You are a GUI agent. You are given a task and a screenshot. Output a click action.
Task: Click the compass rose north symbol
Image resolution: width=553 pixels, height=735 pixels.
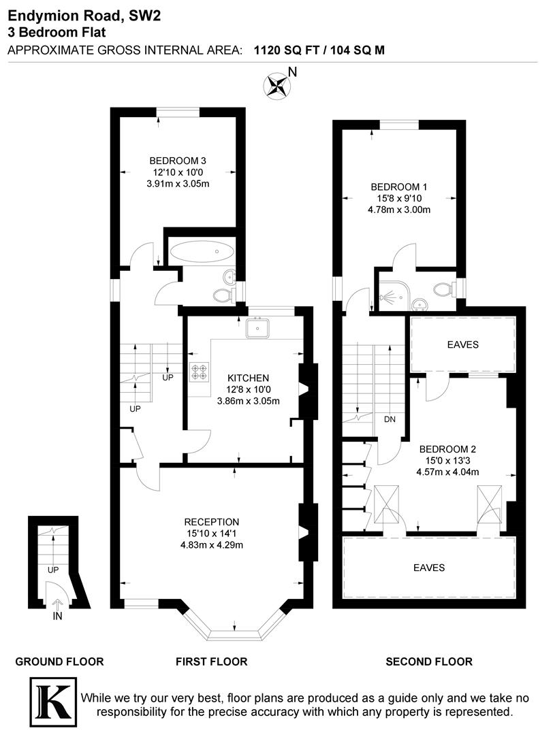276,86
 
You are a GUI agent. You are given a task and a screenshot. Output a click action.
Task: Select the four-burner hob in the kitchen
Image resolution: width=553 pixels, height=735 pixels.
200,371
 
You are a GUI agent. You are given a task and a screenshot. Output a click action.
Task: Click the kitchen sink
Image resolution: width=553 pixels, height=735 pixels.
259,328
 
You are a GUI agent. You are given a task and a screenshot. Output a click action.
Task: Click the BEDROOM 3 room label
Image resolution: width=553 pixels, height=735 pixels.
178,161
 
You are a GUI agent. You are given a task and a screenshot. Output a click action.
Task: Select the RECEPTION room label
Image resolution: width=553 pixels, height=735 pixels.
211,522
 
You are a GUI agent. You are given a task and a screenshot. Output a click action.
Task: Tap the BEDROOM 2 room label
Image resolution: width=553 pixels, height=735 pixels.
447,449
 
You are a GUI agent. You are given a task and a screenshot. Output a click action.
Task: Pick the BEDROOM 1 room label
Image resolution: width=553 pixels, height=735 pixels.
399,186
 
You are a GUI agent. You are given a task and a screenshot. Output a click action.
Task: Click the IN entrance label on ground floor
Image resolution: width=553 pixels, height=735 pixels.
57,617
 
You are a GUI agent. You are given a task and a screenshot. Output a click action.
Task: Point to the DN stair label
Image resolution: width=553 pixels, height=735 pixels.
390,419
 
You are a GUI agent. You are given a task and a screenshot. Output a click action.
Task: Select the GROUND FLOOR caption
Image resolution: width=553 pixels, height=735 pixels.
59,661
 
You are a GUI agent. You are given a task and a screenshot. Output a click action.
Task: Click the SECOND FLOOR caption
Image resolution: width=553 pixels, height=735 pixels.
429,661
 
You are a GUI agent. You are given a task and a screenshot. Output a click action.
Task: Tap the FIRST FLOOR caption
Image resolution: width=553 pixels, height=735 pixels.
211,661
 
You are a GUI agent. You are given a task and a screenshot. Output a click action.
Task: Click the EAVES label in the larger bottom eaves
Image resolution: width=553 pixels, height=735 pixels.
429,568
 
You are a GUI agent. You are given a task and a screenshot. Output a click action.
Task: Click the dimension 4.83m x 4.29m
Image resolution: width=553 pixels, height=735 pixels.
211,545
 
